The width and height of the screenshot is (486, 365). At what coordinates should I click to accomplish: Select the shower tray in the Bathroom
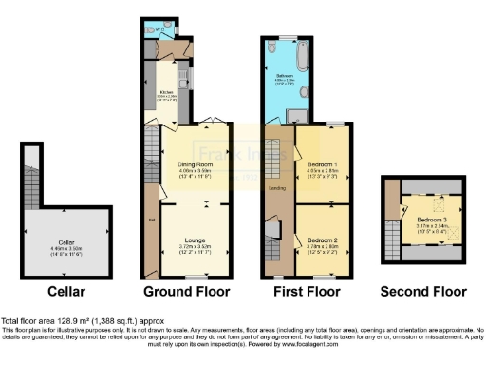click(x=297, y=115)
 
